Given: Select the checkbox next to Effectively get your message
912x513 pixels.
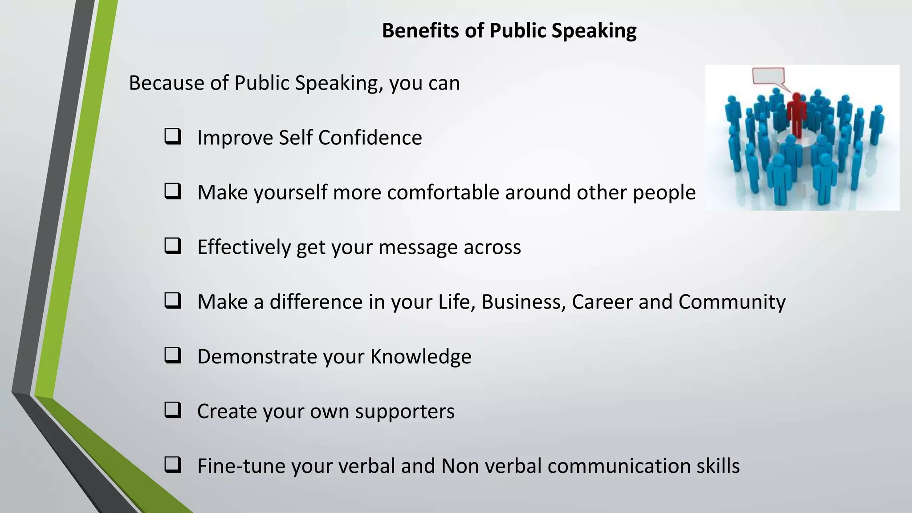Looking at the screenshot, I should (x=173, y=246).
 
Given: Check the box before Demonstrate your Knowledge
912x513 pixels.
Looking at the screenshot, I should (x=173, y=355).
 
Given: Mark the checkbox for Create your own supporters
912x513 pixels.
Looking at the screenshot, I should (x=173, y=410).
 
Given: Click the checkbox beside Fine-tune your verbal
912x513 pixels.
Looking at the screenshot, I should (x=173, y=465).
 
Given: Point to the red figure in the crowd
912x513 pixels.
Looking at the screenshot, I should (x=796, y=114).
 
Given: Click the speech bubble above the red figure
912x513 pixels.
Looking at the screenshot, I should (x=769, y=76).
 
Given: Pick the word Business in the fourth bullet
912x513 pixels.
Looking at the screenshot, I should (x=523, y=302).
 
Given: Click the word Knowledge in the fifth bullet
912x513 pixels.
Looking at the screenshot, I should (x=420, y=357).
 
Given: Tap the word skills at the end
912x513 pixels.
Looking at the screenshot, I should (x=718, y=466).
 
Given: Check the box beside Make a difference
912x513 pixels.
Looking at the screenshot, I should (x=173, y=301).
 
